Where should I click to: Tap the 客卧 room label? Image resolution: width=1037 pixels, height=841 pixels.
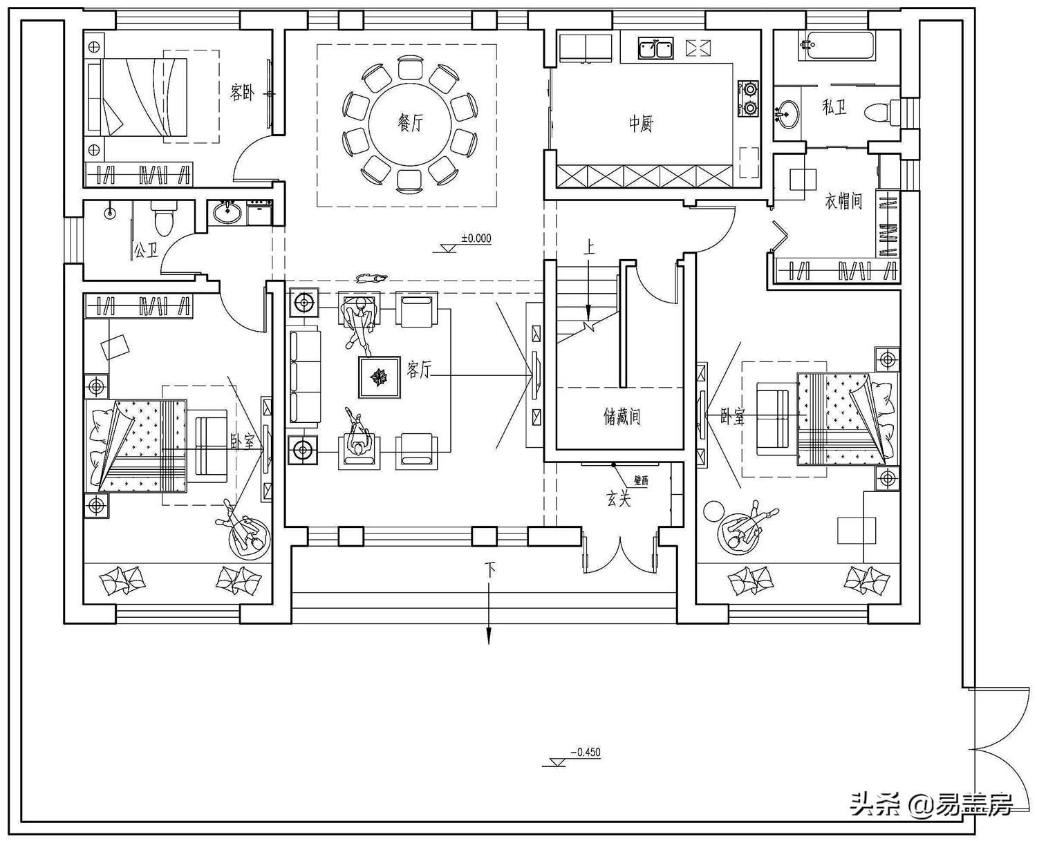[242, 92]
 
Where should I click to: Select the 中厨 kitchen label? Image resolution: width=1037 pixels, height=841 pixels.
[640, 124]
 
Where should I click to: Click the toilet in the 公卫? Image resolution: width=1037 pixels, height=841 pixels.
[164, 220]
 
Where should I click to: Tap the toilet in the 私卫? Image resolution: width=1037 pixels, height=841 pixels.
[884, 113]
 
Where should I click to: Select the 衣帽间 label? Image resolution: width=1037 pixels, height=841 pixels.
[843, 201]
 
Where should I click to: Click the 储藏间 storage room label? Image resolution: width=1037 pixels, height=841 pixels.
[622, 417]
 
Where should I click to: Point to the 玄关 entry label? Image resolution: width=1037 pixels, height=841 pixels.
[619, 499]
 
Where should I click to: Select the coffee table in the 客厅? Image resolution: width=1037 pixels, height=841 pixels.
[379, 377]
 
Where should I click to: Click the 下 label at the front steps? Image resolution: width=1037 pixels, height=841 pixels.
[490, 571]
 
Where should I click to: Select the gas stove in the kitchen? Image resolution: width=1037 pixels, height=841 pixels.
[749, 98]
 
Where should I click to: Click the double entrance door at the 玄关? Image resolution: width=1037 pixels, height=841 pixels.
[619, 553]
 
